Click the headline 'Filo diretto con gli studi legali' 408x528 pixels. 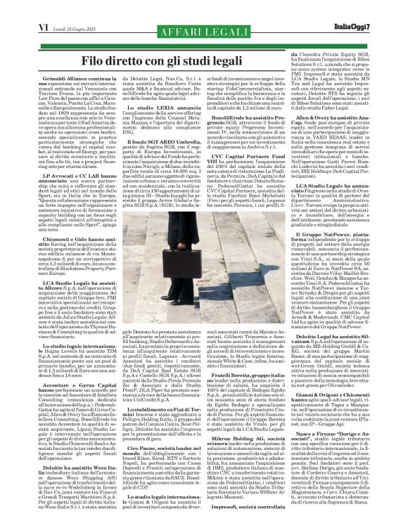[x=204, y=60]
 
